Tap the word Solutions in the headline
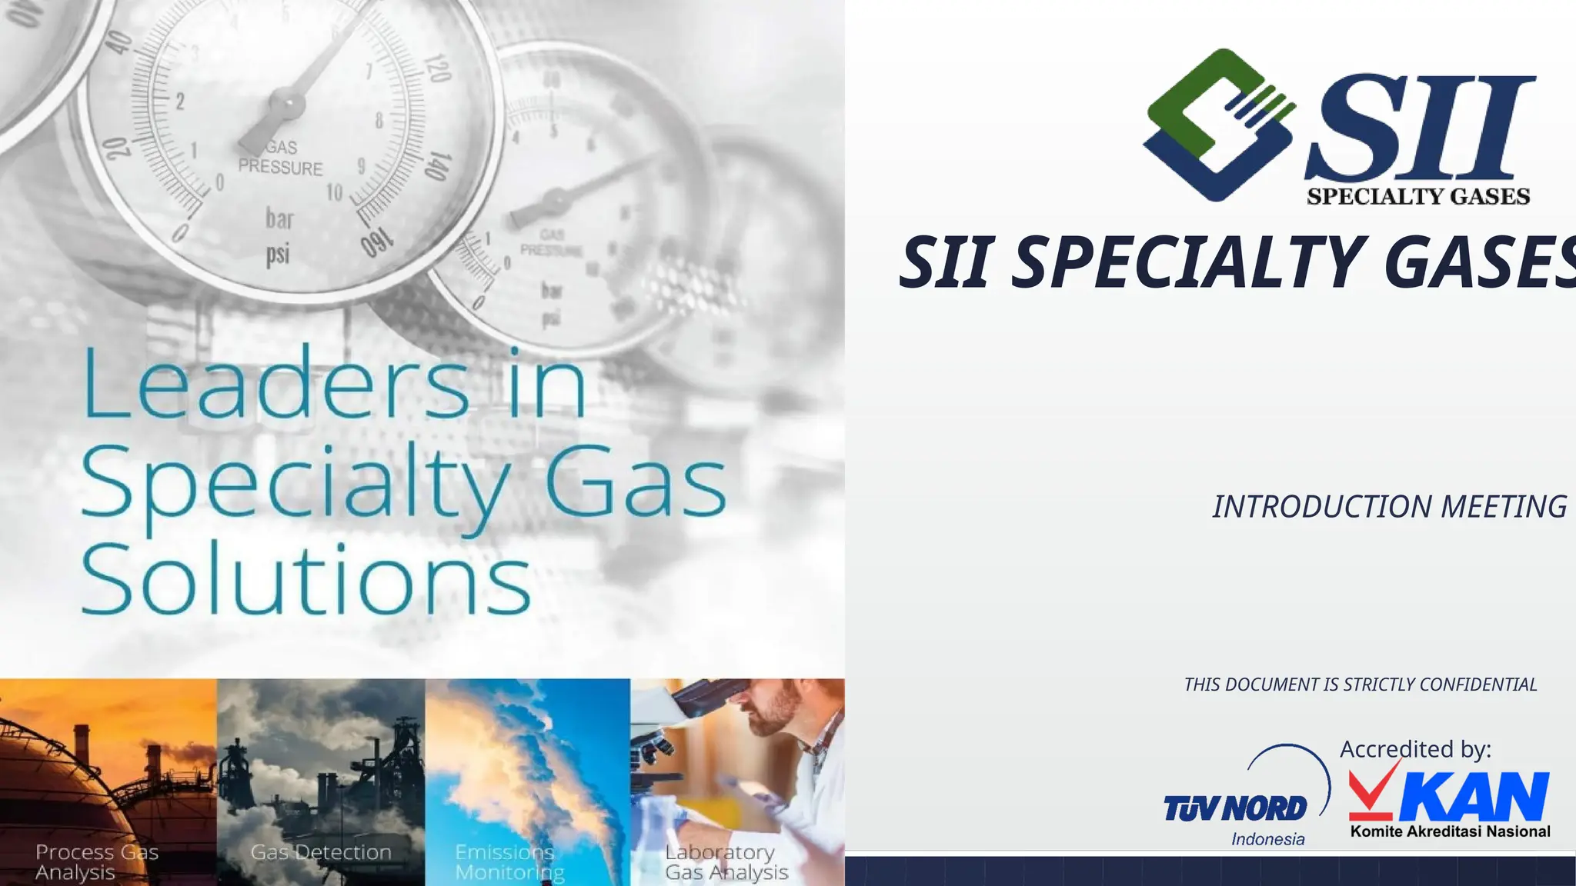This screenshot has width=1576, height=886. (306, 578)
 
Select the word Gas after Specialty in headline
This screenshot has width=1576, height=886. (636, 483)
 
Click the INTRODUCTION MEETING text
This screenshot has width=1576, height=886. (1390, 507)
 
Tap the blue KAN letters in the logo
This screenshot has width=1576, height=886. (1474, 798)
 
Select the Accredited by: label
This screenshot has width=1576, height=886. (1415, 749)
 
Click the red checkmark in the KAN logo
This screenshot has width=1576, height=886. (1374, 792)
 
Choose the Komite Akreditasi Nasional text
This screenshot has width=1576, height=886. (1450, 831)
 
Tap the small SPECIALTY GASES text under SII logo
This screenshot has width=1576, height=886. (1417, 197)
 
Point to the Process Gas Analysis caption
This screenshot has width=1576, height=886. (96, 862)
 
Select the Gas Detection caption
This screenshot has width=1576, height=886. (321, 852)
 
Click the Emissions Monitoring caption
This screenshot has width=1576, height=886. (509, 862)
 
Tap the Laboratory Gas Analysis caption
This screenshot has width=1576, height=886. (726, 862)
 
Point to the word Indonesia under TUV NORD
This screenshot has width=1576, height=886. (1267, 839)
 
